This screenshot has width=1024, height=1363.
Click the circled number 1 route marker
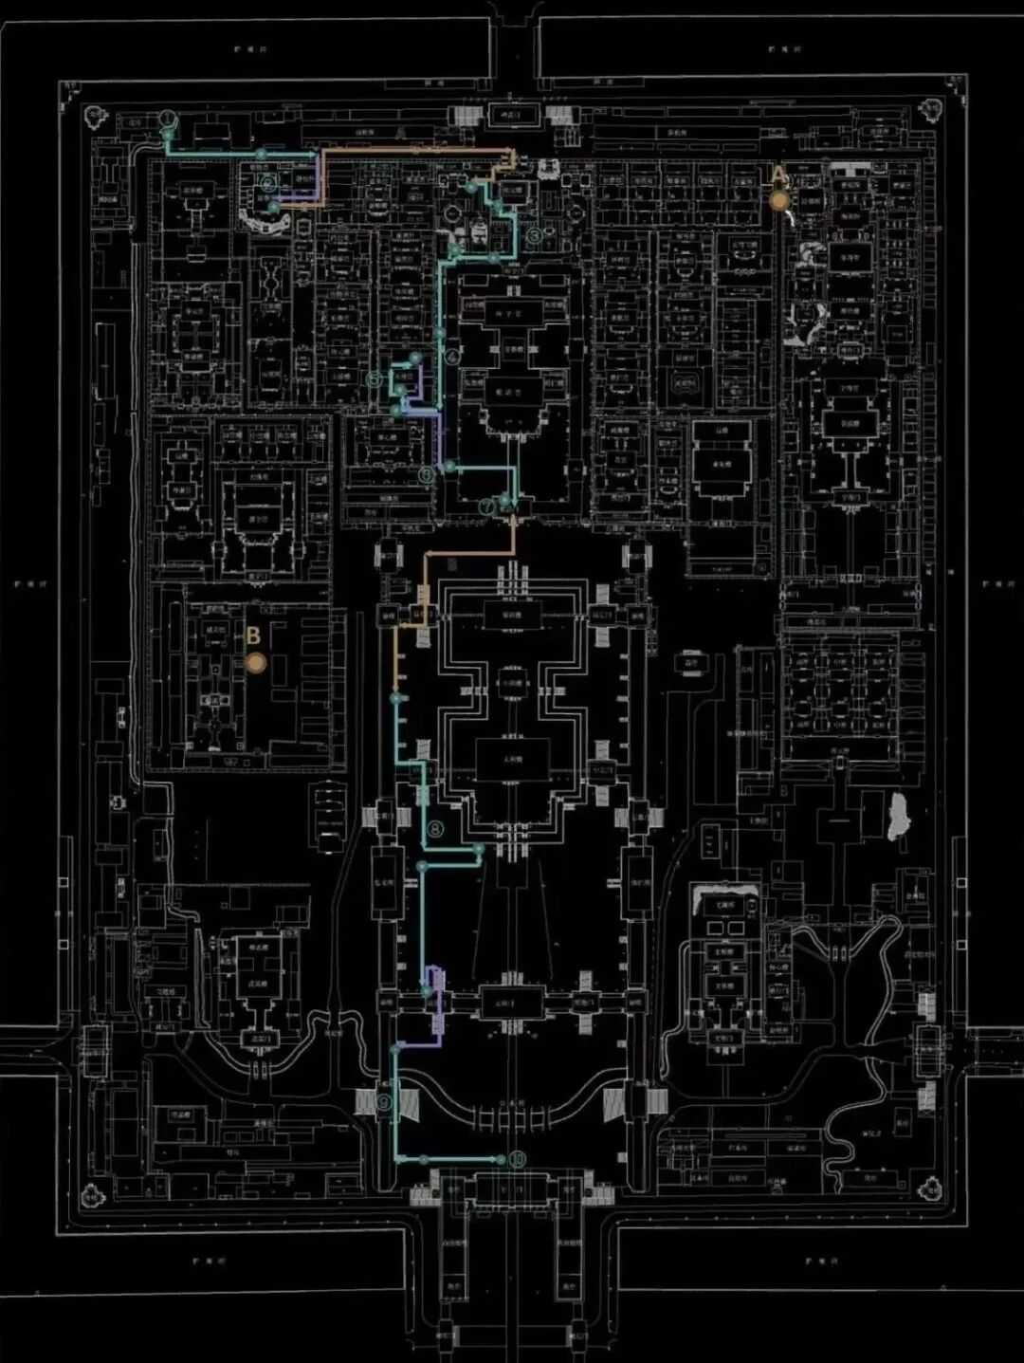pyautogui.click(x=168, y=119)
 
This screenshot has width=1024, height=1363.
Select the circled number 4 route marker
pyautogui.click(x=452, y=357)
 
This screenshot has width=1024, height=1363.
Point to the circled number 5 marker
pyautogui.click(x=375, y=379)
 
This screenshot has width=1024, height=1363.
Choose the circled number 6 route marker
pyautogui.click(x=428, y=473)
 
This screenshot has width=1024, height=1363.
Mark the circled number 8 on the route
pyautogui.click(x=435, y=829)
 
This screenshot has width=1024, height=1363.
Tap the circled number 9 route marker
pyautogui.click(x=383, y=1102)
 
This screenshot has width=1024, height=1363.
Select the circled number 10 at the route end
pyautogui.click(x=517, y=1159)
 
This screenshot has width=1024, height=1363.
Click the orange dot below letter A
pyautogui.click(x=778, y=200)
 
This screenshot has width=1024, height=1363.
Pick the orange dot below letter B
pyautogui.click(x=254, y=663)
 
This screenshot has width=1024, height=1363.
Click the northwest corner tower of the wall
pyautogui.click(x=94, y=118)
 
